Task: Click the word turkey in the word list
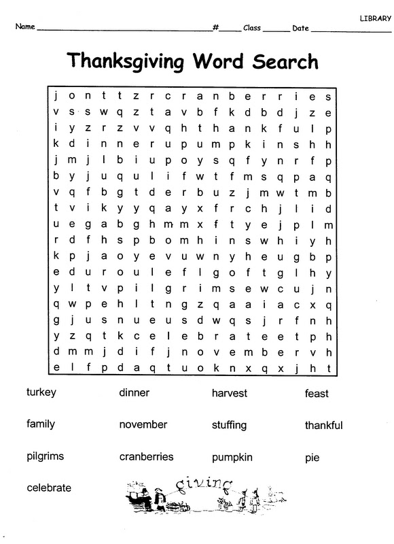41,393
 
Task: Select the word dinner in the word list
134,392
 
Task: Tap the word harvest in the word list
230,393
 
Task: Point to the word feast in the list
317,393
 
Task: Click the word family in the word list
41,424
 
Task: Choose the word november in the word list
143,424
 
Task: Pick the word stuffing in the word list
229,425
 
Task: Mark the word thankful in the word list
323,425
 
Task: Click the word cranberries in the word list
146,456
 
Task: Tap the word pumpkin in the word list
232,457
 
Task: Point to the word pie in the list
312,458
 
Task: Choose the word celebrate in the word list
49,488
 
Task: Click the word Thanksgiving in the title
125,63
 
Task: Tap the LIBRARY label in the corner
376,17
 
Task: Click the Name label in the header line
24,28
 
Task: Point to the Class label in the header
252,28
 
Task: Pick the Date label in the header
300,28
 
